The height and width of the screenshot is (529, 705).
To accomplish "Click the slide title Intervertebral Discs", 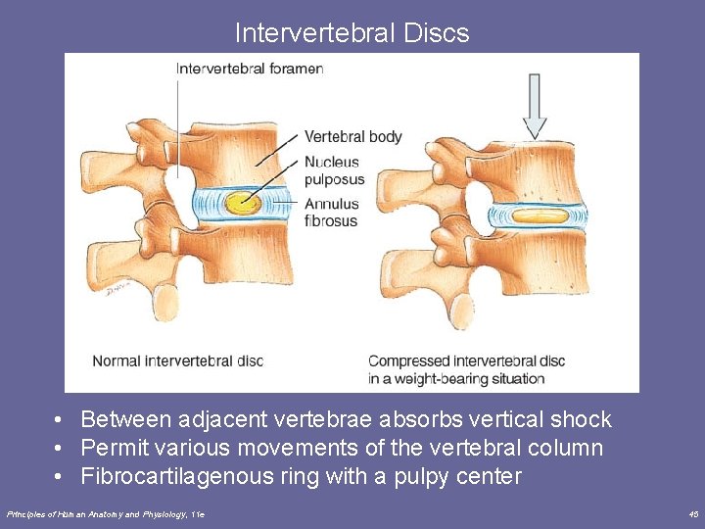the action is tap(352, 33).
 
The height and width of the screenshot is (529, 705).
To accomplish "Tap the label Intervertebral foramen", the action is tap(249, 69).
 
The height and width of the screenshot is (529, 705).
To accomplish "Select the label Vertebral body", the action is tap(352, 136).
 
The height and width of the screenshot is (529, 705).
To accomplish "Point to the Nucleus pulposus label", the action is tap(333, 170).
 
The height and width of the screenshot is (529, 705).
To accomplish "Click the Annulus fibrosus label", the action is tap(331, 213).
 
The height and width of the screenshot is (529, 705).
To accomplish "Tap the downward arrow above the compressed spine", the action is tap(535, 106).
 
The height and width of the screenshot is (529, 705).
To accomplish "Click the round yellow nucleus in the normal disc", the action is tap(241, 204).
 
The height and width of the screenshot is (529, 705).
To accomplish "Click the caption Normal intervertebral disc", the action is tap(177, 361).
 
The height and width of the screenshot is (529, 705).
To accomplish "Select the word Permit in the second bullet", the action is tap(114, 449).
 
